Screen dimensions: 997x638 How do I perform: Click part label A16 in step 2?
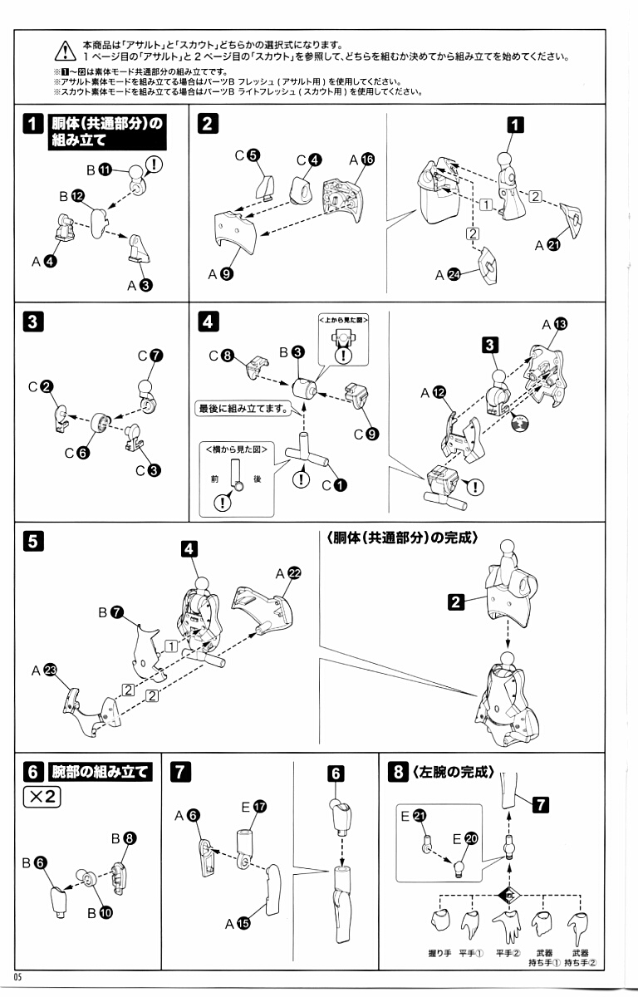361,159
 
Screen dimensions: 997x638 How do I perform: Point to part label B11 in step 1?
99,169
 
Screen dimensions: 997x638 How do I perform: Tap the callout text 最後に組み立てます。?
242,409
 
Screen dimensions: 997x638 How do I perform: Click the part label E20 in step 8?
465,840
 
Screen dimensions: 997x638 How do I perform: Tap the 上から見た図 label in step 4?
342,320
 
